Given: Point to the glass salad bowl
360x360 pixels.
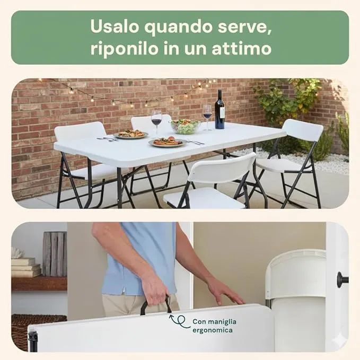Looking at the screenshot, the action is pyautogui.click(x=185, y=127).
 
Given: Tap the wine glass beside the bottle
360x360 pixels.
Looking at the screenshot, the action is pyautogui.click(x=207, y=118).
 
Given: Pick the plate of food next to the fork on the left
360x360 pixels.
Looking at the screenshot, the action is pyautogui.click(x=131, y=134).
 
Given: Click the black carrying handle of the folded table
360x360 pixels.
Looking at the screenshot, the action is pyautogui.click(x=156, y=304).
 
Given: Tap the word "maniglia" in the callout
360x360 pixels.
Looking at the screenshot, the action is pyautogui.click(x=223, y=322).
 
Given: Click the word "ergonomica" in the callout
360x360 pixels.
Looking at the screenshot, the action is pyautogui.click(x=213, y=331).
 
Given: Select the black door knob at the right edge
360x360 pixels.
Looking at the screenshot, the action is pyautogui.click(x=343, y=280).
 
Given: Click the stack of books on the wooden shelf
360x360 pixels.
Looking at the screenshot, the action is pyautogui.click(x=26, y=267).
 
